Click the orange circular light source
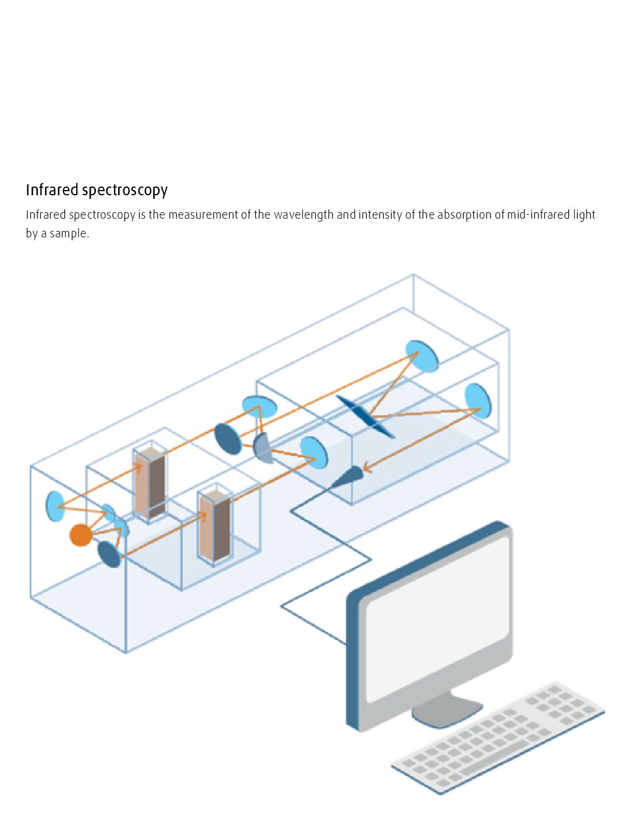81,535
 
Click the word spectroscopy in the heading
125,191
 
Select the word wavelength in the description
304,215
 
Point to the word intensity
380,215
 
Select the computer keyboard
497,737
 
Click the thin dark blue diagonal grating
365,416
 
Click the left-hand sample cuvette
150,483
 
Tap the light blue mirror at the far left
55,506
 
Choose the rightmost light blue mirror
478,400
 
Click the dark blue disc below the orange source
109,554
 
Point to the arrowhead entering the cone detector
366,467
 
